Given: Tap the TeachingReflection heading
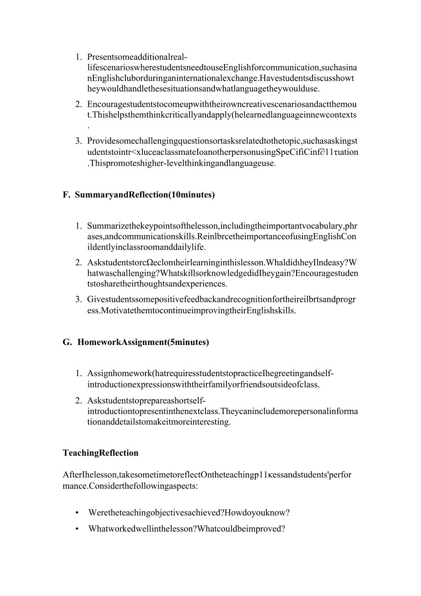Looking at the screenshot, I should (x=101, y=453).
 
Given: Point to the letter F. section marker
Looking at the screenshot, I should (x=66, y=195).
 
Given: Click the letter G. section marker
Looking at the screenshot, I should (x=67, y=342).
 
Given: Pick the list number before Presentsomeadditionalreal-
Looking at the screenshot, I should (x=78, y=57).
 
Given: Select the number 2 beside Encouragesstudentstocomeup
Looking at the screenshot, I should (x=78, y=104).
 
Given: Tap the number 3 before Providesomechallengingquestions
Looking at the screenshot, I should (x=78, y=141).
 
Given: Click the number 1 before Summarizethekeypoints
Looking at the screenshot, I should (x=78, y=226).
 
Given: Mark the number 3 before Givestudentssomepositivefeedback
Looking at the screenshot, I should (x=78, y=300).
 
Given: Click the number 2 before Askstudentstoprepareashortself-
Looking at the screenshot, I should (x=78, y=401).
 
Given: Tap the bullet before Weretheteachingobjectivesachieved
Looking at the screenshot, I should (x=77, y=513).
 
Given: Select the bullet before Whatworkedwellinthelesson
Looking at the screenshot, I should (x=77, y=529).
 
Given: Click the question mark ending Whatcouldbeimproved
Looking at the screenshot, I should (x=283, y=529).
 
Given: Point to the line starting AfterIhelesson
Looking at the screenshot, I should (x=207, y=475).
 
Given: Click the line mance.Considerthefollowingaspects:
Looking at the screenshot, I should (x=130, y=486).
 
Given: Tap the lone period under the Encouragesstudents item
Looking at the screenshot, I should (x=88, y=126).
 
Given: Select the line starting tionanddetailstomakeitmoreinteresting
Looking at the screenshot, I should (x=159, y=422).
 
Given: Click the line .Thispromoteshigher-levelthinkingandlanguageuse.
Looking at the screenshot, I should (x=182, y=163).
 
